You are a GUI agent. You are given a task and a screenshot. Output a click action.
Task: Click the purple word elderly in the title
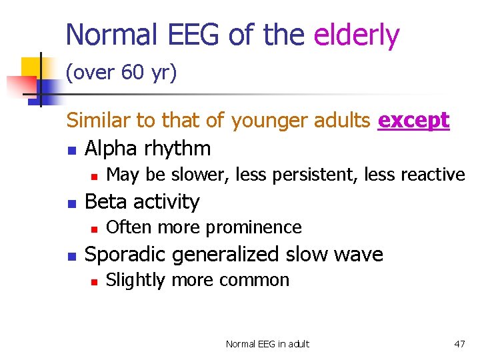357,35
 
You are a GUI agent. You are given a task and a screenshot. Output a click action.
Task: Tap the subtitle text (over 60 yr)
121,73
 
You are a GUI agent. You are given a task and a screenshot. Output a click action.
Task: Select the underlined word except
413,121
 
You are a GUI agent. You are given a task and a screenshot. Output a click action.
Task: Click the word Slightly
136,280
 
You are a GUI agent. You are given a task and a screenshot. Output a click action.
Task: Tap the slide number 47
459,344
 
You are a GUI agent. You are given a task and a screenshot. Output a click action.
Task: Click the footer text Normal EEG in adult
267,344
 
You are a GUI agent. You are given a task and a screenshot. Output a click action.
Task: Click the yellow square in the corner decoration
31,67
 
